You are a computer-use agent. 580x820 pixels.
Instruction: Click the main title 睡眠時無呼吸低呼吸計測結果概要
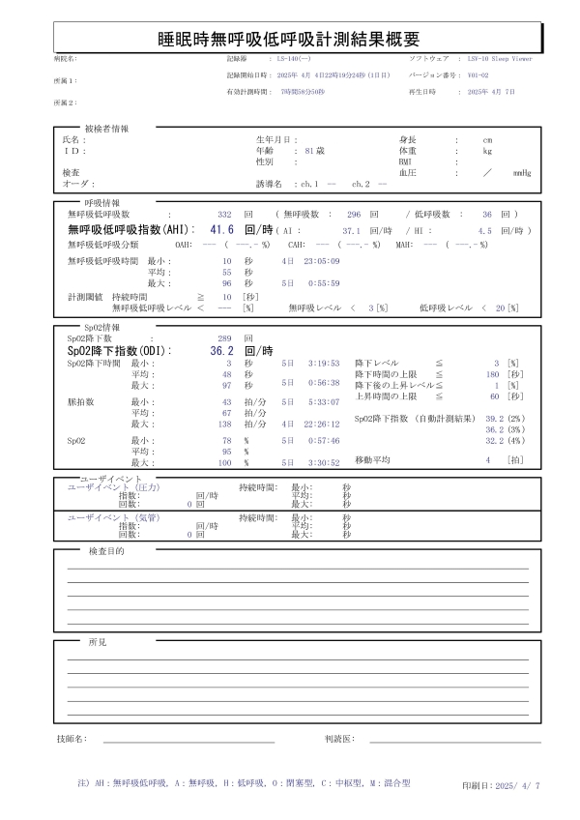point(289,39)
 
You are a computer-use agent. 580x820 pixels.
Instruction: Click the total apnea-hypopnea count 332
point(225,213)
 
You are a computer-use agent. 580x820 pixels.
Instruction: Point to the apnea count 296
point(354,213)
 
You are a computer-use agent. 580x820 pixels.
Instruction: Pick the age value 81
point(309,152)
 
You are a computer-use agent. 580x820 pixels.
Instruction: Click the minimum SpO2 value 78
point(226,439)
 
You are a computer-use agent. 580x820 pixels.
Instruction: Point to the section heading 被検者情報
point(106,128)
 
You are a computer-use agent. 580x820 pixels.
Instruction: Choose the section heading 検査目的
point(106,551)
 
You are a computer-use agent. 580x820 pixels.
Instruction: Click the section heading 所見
point(98,642)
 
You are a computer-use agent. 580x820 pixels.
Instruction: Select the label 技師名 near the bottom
point(72,739)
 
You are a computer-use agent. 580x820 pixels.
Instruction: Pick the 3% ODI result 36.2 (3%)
point(507,428)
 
